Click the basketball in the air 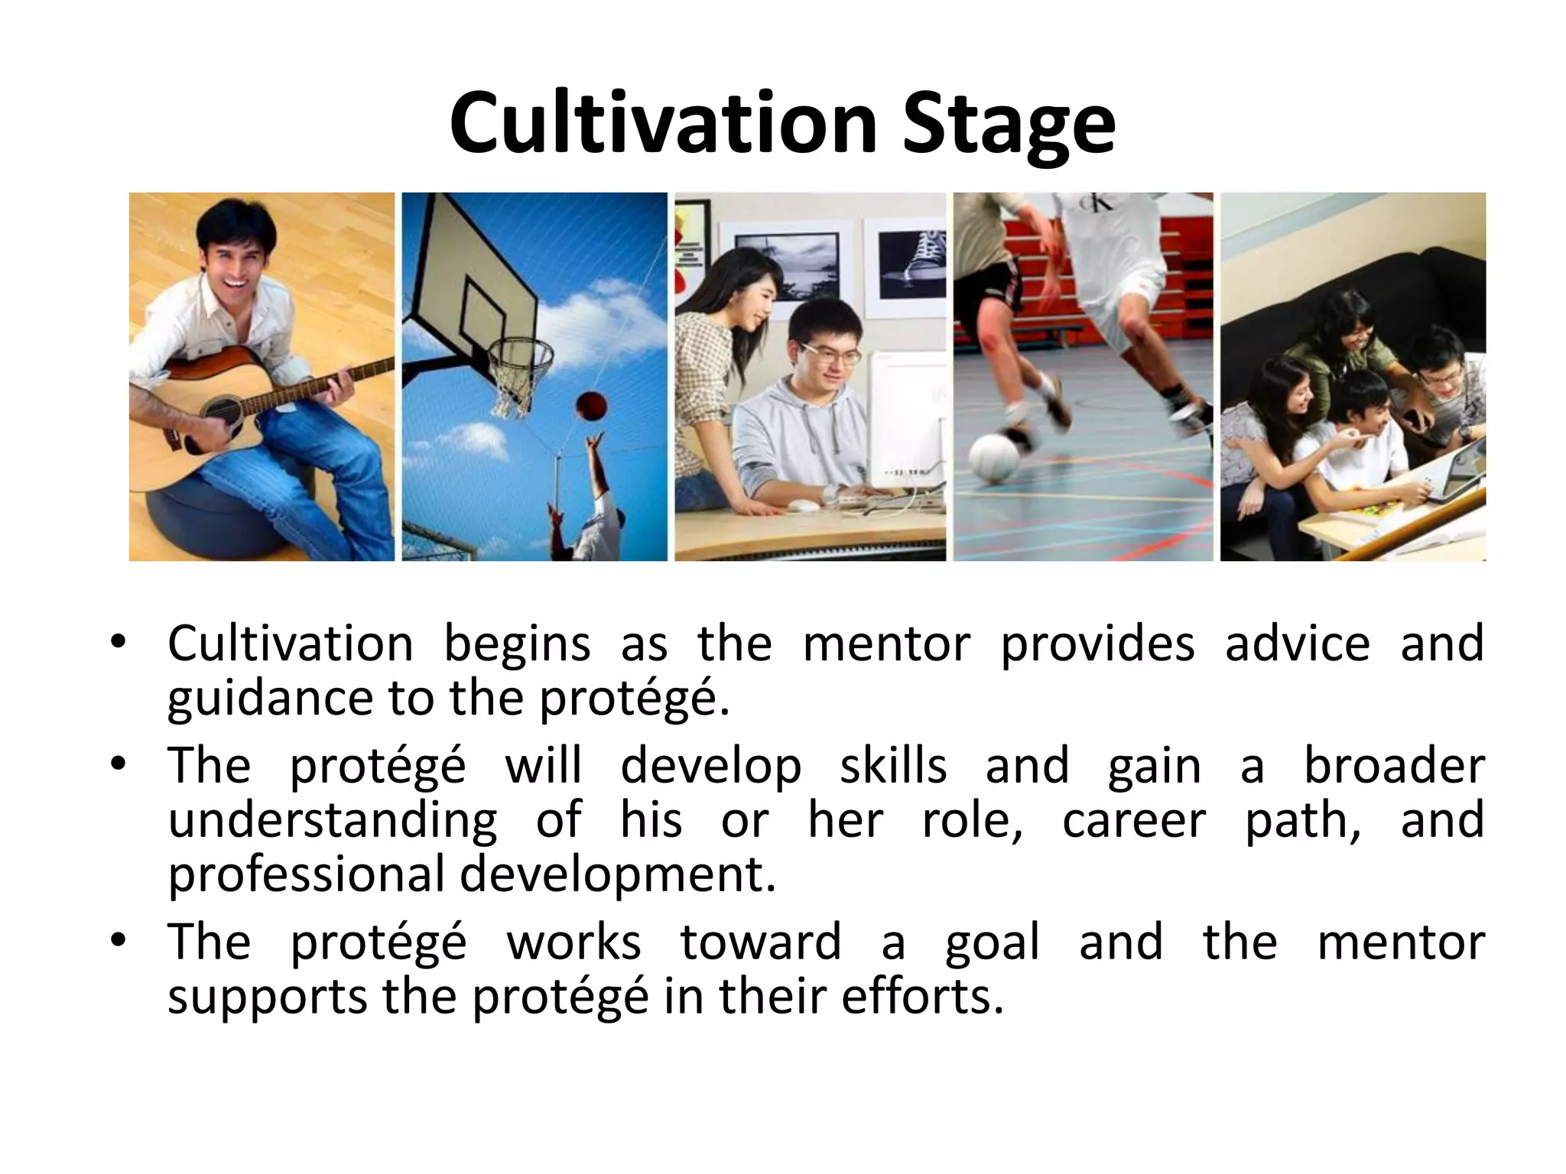pos(589,406)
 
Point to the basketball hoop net pos(520,375)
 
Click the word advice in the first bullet pos(1297,644)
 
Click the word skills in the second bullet pos(893,765)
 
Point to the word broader pos(1394,765)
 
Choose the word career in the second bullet pos(1134,819)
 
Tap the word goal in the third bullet pos(992,942)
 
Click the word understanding pos(333,821)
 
